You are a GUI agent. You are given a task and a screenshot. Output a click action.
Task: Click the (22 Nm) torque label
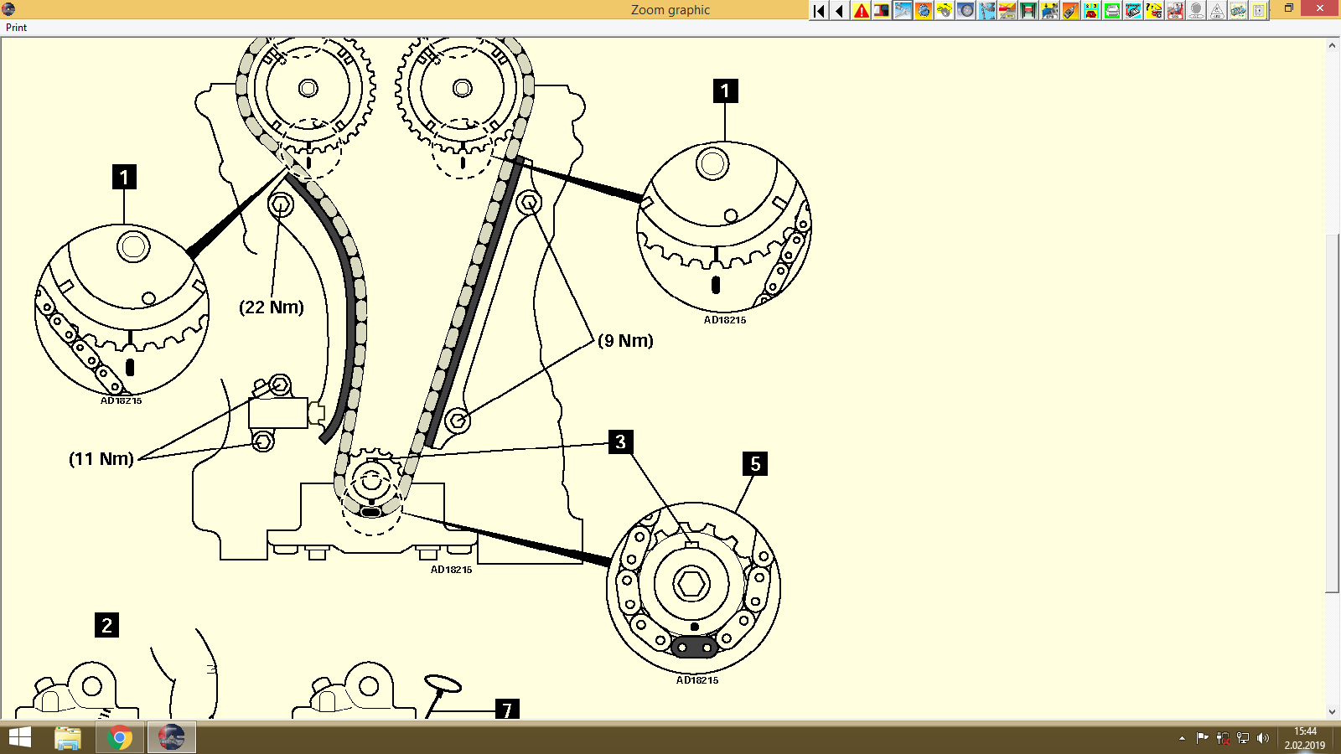(x=272, y=307)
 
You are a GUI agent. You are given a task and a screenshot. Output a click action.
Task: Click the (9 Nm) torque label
(x=625, y=341)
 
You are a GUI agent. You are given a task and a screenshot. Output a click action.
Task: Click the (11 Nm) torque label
(x=101, y=459)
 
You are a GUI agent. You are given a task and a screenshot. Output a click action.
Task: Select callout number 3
(x=620, y=442)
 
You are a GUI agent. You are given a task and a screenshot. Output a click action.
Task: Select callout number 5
(x=755, y=463)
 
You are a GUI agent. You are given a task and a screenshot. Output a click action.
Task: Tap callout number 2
(x=106, y=625)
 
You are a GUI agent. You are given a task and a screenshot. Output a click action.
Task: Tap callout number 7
(x=507, y=710)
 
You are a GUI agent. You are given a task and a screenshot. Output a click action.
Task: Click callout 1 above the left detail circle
(x=124, y=177)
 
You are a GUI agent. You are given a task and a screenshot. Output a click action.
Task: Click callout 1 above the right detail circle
(x=725, y=90)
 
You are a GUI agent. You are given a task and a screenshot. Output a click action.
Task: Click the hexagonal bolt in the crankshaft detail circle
(x=691, y=583)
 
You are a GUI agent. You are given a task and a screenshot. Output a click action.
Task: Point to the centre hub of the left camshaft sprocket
(x=308, y=88)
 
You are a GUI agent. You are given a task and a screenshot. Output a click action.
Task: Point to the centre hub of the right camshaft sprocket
(x=462, y=88)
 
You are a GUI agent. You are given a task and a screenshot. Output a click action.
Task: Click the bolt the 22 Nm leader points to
(x=281, y=204)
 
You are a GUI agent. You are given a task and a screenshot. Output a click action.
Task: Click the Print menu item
(x=16, y=28)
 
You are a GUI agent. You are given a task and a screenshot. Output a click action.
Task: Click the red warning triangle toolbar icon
(x=861, y=10)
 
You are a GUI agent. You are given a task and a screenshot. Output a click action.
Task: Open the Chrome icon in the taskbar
(x=120, y=737)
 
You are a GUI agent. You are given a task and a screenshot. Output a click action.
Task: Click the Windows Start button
(x=19, y=737)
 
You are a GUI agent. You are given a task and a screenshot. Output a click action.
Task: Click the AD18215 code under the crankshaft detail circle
(x=697, y=680)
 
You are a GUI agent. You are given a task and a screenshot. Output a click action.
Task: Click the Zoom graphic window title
(x=670, y=10)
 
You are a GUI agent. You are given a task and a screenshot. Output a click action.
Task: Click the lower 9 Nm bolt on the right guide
(x=457, y=421)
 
